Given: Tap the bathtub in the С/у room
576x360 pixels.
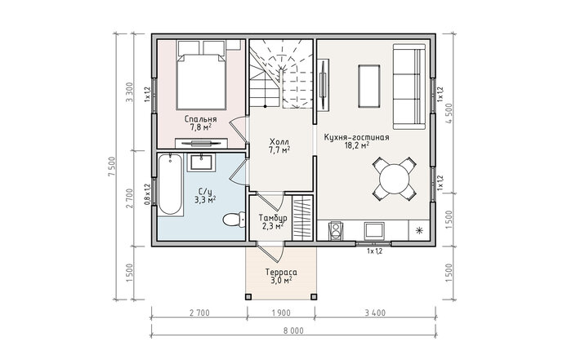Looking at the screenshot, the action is tap(170, 184).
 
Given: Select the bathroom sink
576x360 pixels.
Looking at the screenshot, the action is tap(201, 162).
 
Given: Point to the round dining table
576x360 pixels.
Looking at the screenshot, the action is tap(394, 179).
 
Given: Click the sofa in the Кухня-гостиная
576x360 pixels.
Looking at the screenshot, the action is tap(409, 87).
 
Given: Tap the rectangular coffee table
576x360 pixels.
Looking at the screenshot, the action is tap(368, 86).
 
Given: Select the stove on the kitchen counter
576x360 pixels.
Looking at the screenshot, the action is tap(335, 230).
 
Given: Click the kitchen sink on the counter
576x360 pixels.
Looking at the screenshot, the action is tap(374, 230).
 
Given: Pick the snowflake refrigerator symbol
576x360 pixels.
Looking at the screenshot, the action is tap(418, 230).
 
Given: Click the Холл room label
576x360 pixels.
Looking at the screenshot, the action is tap(279, 142).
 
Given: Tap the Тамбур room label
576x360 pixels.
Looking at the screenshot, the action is tap(273, 217).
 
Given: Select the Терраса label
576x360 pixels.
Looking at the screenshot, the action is tap(281, 273).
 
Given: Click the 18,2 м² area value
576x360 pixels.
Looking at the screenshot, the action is tap(357, 145).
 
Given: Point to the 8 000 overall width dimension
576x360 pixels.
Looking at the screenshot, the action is tap(293, 331).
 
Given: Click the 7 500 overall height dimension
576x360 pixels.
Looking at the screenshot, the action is tap(112, 167).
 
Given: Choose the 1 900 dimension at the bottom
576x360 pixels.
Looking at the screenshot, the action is tap(281, 313).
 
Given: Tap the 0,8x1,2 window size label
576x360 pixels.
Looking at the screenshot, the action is tap(147, 194).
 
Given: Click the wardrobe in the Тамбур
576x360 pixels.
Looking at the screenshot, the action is tap(302, 218).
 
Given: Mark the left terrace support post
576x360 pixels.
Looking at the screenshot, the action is tap(248, 296).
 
